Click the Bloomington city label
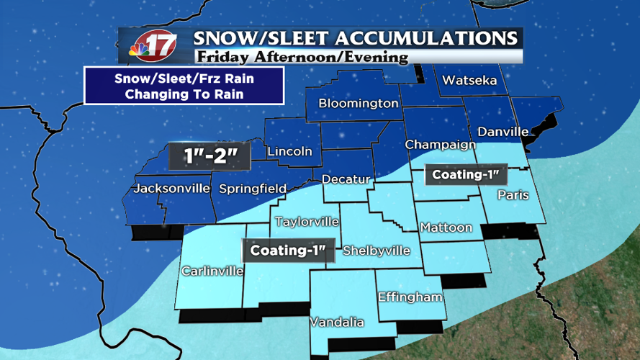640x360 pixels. coord(359,104)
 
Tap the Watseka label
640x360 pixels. coord(469,81)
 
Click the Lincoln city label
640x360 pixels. coord(289,152)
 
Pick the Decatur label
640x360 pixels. coord(346,179)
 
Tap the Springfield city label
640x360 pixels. coord(252,189)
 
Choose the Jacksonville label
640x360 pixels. coord(171,189)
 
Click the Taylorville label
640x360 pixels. coord(307,222)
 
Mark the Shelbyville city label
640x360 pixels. coord(376,251)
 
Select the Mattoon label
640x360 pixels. coord(446,228)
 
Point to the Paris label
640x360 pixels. coord(513,195)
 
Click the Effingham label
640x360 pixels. coord(410,297)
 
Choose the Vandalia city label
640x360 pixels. coord(337,323)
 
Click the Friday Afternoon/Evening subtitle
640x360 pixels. coord(301,57)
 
